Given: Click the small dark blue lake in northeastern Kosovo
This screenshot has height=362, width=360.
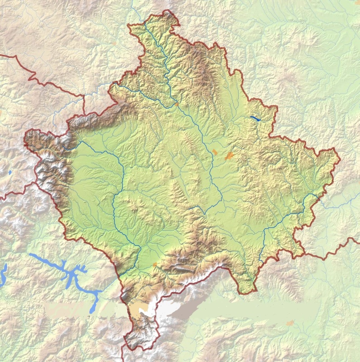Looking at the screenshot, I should coord(255,119).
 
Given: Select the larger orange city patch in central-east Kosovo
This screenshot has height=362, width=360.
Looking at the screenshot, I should coord(230,156).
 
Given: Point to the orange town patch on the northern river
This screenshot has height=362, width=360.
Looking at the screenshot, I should coord(177,104).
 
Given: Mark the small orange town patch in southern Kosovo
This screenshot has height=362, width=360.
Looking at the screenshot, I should coord(155,264).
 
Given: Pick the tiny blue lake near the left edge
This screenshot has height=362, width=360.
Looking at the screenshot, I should coord(10,173).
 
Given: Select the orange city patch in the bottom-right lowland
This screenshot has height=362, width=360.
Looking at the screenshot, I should coord(290,323).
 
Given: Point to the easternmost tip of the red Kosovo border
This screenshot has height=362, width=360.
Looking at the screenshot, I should coord(339,159).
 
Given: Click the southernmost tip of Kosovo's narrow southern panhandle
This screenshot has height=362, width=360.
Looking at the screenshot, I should coord(132,349).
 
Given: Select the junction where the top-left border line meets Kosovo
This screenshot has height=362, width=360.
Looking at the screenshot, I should coord(85,114).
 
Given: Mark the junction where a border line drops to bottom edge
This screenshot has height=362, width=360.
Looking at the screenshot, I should coord(125,343).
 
